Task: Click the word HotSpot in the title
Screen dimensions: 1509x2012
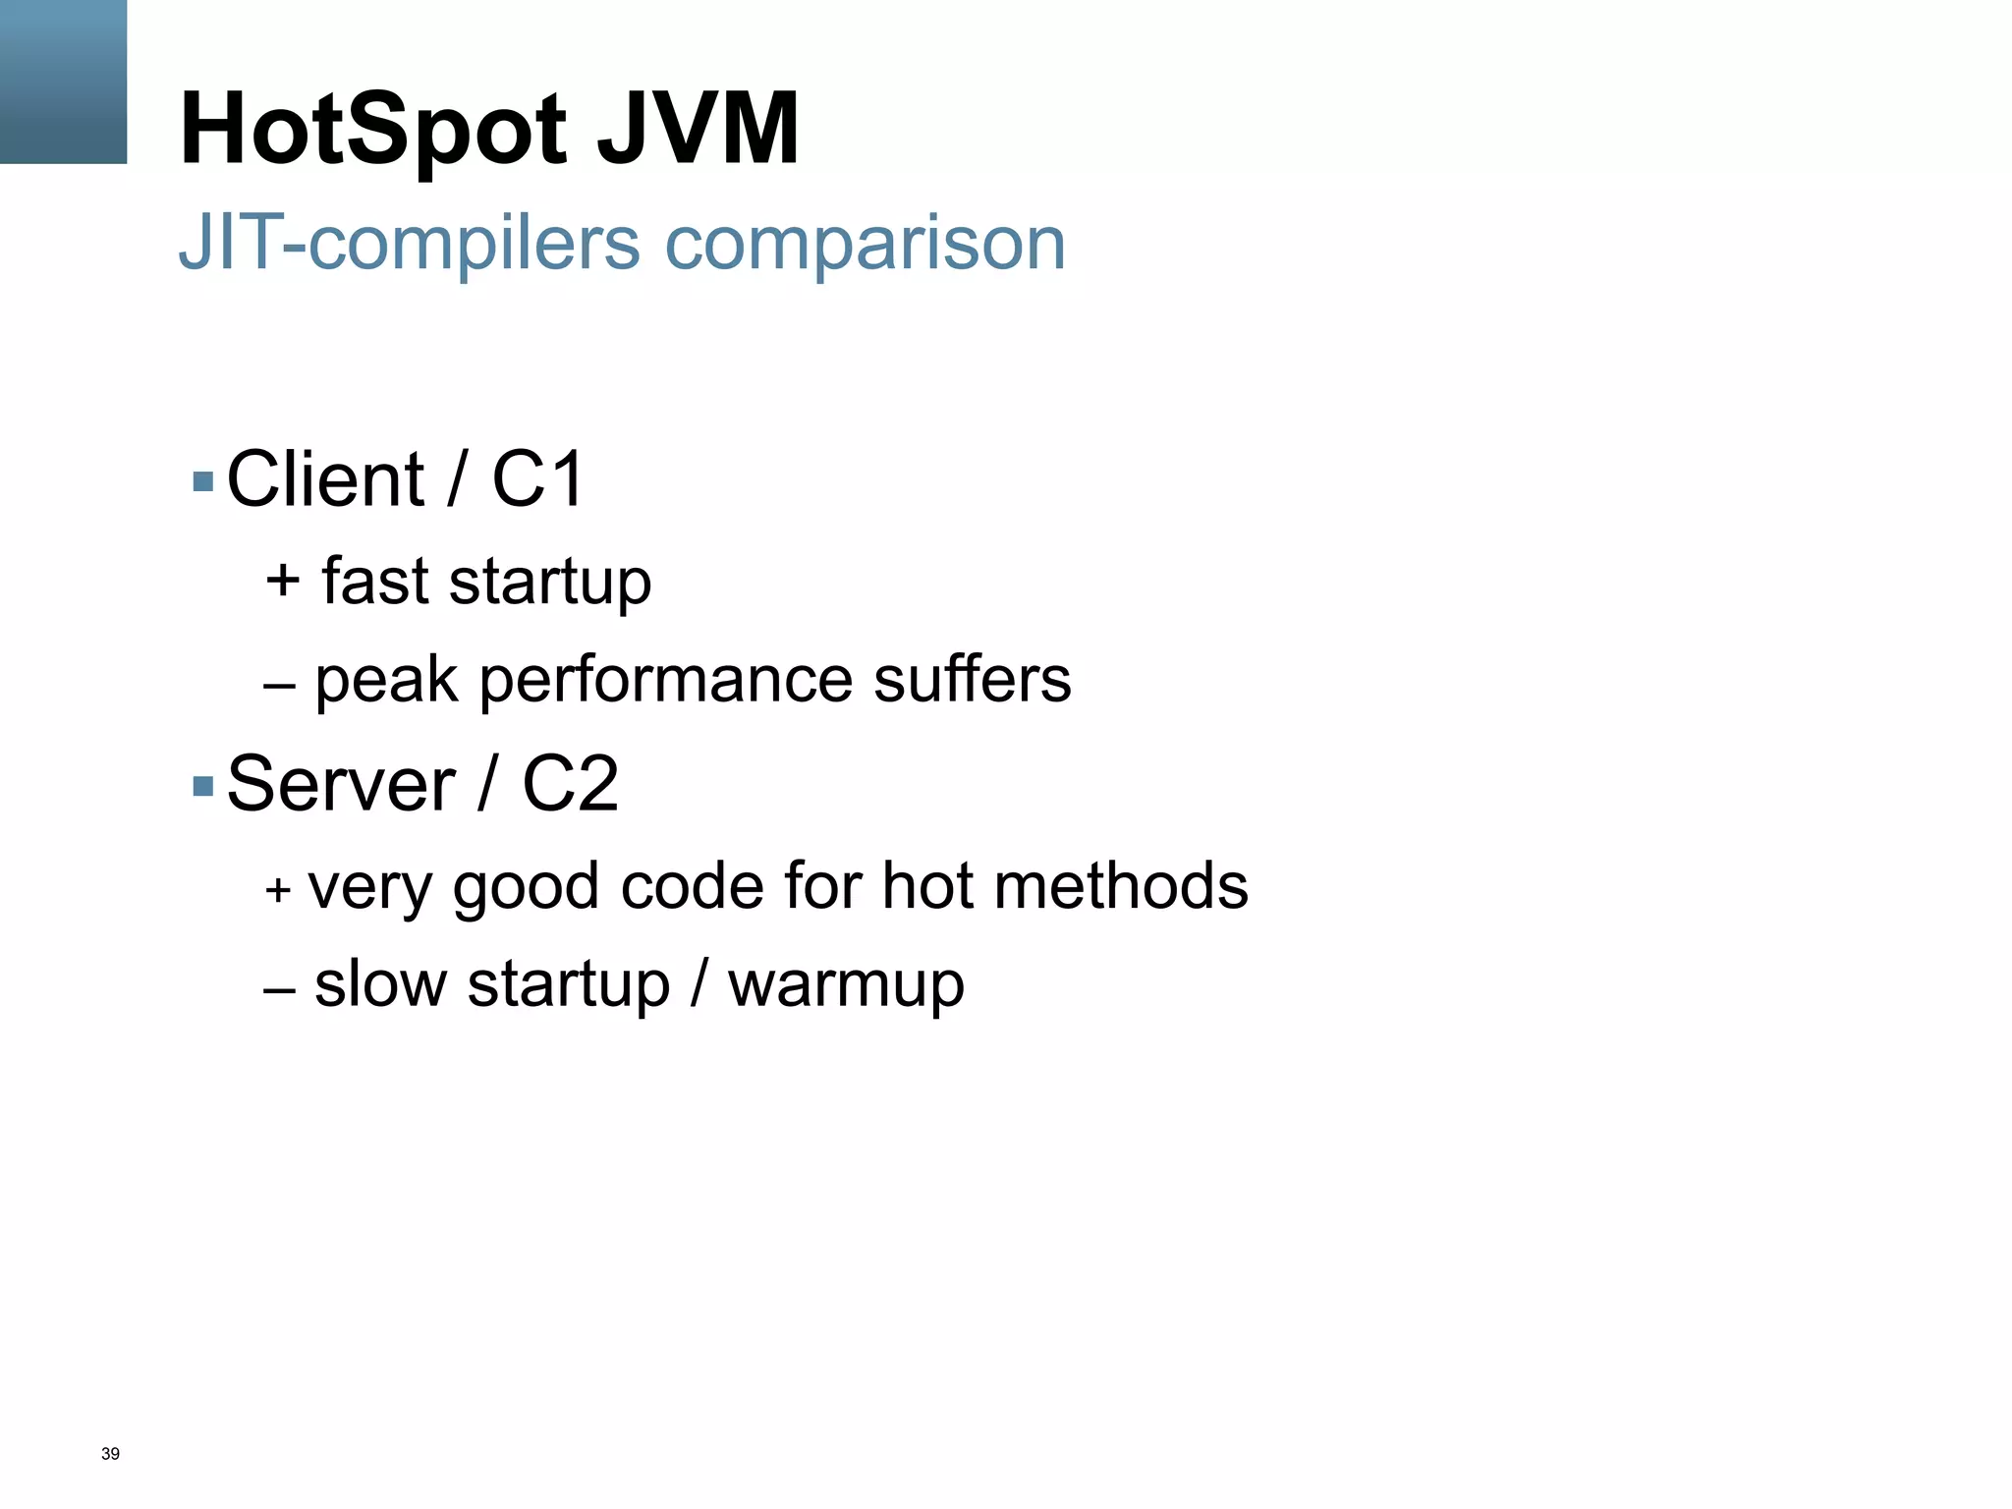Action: (373, 130)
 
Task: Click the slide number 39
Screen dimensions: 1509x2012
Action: (110, 1454)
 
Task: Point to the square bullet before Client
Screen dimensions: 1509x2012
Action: (203, 481)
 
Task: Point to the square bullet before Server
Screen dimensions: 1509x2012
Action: (203, 786)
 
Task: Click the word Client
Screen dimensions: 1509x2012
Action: (325, 479)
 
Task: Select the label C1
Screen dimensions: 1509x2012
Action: (537, 479)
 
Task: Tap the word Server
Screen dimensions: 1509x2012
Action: (341, 784)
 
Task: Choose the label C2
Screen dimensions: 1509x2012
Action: (570, 784)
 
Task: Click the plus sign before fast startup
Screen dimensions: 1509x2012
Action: (282, 580)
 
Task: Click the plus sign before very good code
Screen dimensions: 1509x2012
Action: (278, 889)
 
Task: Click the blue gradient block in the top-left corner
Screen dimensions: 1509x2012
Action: (63, 82)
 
